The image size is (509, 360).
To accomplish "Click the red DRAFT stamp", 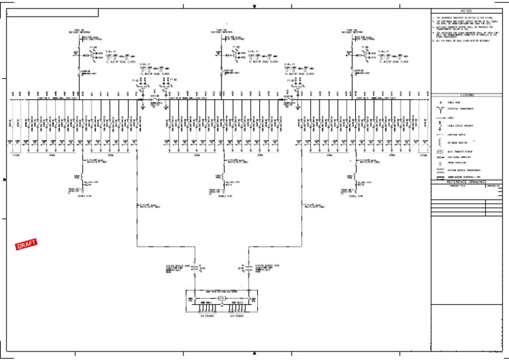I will [x=26, y=245].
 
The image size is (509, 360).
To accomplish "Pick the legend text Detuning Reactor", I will [x=458, y=141].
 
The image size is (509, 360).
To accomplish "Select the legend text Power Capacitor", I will [x=457, y=162].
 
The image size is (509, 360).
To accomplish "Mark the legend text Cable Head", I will [x=455, y=102].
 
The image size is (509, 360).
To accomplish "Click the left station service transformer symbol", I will [x=196, y=269].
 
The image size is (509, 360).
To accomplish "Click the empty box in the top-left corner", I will [x=52, y=13].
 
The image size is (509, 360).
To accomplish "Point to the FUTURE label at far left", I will [x=15, y=156].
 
